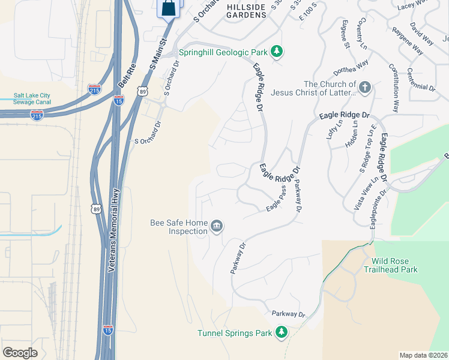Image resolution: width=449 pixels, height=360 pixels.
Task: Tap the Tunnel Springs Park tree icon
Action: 281,332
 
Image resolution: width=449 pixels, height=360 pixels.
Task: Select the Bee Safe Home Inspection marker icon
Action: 217,226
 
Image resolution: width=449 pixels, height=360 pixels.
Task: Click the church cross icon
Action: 366,88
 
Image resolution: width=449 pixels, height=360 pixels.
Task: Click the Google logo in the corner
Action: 20,353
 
